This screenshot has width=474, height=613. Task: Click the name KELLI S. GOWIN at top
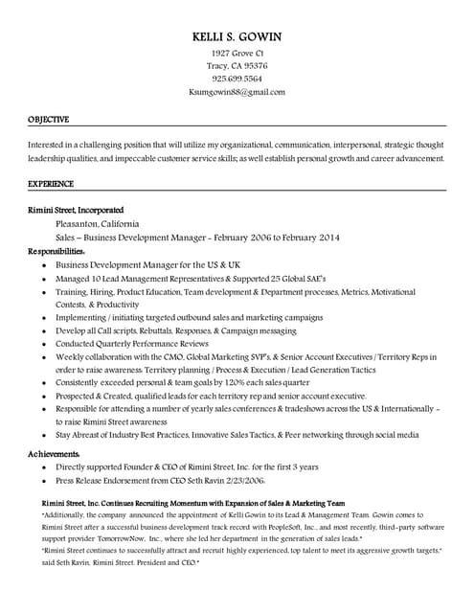tap(237, 36)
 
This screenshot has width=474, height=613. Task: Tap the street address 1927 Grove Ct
tap(237, 53)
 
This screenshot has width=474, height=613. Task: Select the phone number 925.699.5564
tap(237, 79)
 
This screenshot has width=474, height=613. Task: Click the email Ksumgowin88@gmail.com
tap(237, 92)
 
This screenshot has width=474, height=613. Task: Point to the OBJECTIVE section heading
tap(48, 120)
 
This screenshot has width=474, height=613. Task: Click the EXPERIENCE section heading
tap(50, 183)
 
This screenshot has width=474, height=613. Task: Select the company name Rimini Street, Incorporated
tap(76, 210)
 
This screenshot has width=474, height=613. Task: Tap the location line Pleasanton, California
tap(98, 223)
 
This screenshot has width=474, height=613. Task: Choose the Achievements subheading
tap(54, 453)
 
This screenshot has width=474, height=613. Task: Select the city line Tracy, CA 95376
tap(237, 66)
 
